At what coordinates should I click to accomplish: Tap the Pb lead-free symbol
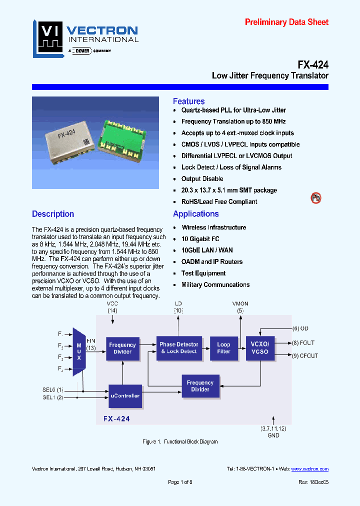coord(316,198)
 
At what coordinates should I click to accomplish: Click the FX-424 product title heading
coord(313,64)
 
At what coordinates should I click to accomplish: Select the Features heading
coord(188,101)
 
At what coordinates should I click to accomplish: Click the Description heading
coord(53,214)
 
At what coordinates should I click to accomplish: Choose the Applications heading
coord(195,214)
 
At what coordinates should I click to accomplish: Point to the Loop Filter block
coord(223,348)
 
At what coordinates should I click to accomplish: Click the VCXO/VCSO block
coord(260,348)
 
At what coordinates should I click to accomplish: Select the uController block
coord(125,395)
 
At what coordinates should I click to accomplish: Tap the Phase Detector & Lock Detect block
coord(178,348)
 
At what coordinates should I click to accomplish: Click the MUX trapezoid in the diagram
coord(79,351)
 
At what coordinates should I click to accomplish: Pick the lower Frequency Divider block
coord(200,386)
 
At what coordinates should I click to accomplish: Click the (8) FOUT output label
coord(303,343)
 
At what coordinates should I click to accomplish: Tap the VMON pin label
coord(240,303)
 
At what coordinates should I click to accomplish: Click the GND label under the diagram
coord(273,435)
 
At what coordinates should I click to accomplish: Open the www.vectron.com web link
coord(310,469)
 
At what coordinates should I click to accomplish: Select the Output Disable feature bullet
coord(202,179)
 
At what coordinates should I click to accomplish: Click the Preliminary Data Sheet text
coord(286,22)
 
